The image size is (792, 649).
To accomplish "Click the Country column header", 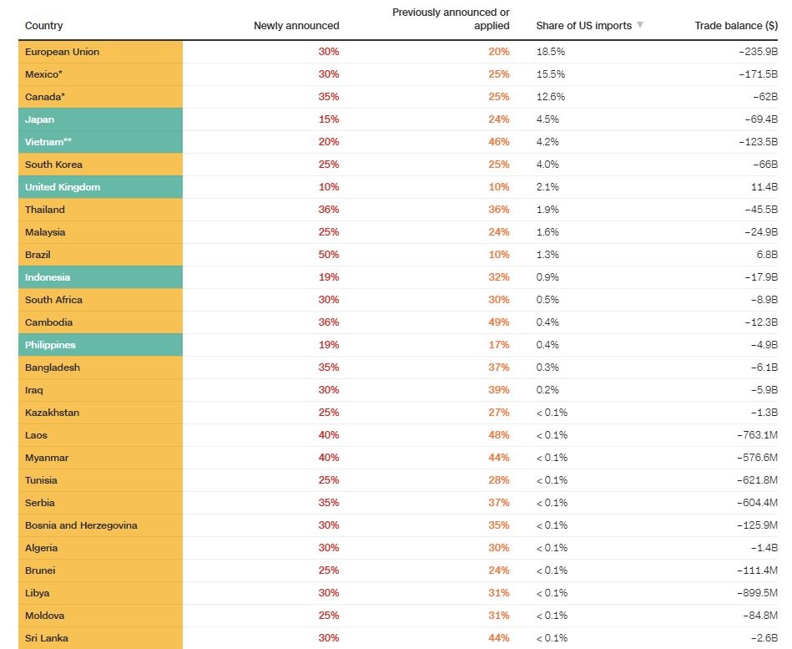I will [x=43, y=26].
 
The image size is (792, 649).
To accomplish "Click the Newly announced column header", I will [x=296, y=26].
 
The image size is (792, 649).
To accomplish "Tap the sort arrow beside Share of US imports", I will [x=640, y=25].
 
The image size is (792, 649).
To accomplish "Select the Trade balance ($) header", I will [x=736, y=26].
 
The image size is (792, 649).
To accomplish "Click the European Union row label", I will [x=62, y=52].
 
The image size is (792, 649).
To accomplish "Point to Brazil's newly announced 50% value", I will [x=329, y=255].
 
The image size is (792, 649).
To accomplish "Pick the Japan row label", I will [x=39, y=119].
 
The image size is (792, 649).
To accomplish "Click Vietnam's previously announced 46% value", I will [x=499, y=142].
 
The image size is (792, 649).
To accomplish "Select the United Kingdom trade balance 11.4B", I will [x=764, y=187].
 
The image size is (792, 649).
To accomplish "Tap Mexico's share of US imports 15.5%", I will [x=551, y=74].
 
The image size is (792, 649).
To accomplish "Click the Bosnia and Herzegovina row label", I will [x=81, y=525].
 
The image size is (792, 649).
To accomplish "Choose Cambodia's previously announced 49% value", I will [x=499, y=322].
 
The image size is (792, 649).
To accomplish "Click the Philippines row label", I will [x=50, y=345].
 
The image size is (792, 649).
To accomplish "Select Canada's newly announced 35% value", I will [x=329, y=97].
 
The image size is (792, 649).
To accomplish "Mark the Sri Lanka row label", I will [x=47, y=638].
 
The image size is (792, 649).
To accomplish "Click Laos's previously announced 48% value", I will [x=499, y=435].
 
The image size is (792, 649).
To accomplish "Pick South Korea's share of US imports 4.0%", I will [x=547, y=165].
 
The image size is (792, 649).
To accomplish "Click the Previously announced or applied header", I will [x=451, y=19].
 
